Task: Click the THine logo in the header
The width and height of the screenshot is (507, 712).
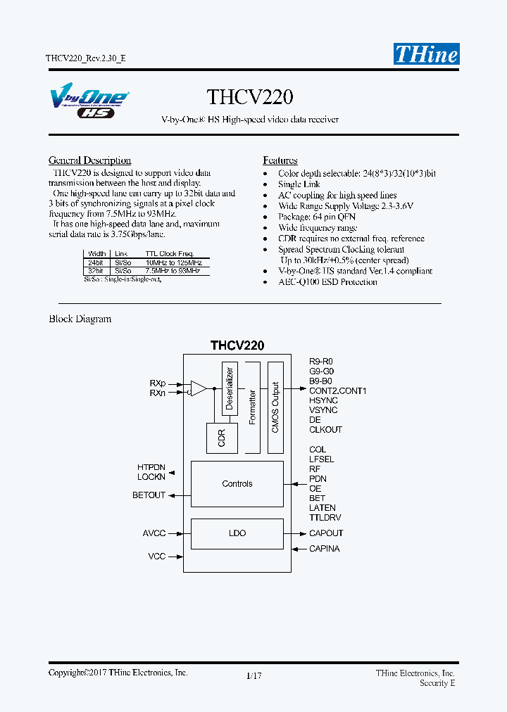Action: coord(426,54)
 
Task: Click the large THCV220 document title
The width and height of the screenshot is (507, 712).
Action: coord(250,96)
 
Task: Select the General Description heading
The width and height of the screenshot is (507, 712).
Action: coord(89,160)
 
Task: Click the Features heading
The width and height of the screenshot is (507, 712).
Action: coord(280,160)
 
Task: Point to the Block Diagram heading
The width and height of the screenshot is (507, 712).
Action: coord(80,319)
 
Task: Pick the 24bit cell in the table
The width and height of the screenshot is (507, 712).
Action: coord(95,262)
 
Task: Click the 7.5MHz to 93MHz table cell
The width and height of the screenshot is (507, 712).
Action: coord(173,270)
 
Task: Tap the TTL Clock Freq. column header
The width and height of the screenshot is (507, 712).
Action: coord(169,253)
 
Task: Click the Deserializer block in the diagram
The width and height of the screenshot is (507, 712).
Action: coord(229,388)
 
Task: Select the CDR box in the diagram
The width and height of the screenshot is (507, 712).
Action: coord(222,438)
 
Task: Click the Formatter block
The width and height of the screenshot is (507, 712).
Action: coord(252,407)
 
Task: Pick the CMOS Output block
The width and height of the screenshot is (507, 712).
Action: coord(275,407)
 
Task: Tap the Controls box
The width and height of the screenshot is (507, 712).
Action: coord(237,484)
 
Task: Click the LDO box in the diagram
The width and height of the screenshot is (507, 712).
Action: coord(237,533)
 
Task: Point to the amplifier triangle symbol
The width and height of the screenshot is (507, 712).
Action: coord(199,388)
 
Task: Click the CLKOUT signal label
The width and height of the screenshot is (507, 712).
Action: coord(325,429)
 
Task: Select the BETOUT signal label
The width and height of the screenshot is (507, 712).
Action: coord(149,495)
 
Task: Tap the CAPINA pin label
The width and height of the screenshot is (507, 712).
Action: coord(324,549)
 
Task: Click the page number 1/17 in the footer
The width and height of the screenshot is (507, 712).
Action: coord(254,676)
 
